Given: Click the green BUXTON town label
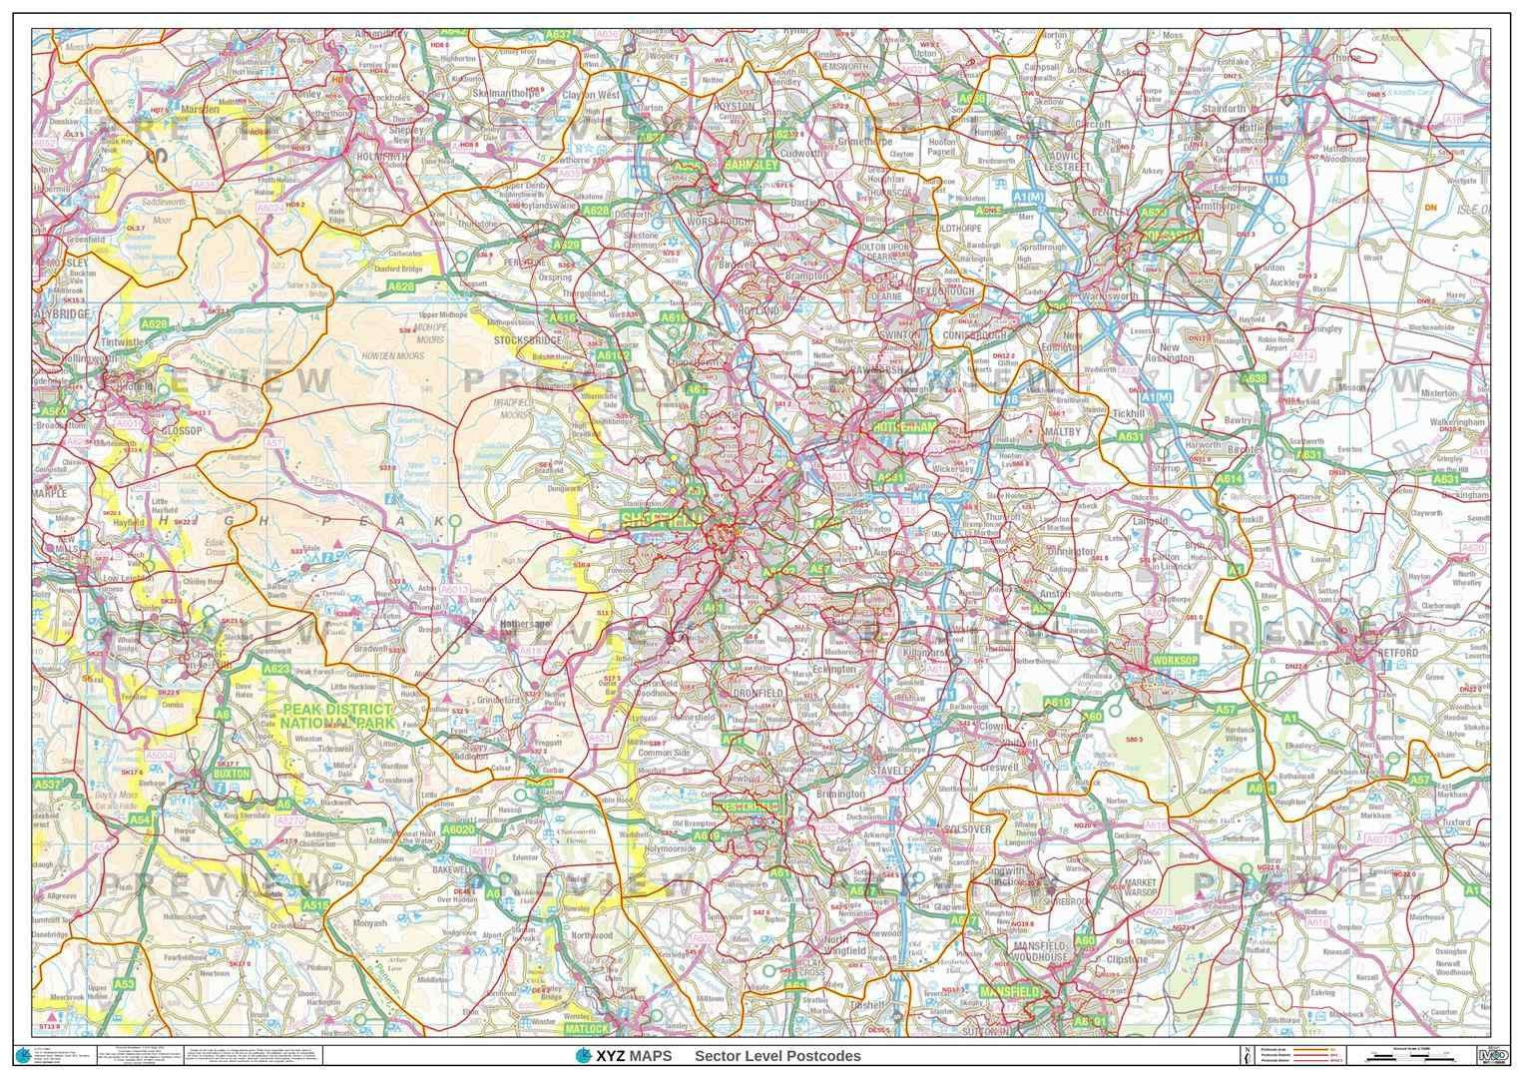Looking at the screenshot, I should click(232, 774).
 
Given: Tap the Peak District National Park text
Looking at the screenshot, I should click(336, 716).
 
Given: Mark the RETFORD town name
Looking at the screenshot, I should click(1397, 652).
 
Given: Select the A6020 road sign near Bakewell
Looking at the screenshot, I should click(457, 829).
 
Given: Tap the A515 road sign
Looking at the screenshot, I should click(315, 904).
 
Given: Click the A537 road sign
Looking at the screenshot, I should click(48, 786).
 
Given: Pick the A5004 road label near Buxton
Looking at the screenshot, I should click(160, 757).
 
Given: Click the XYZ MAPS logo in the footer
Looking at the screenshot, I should click(625, 1056).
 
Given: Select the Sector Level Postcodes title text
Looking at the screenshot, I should click(777, 1056).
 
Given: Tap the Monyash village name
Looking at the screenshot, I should click(368, 925).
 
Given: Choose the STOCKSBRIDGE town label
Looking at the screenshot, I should click(528, 339).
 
